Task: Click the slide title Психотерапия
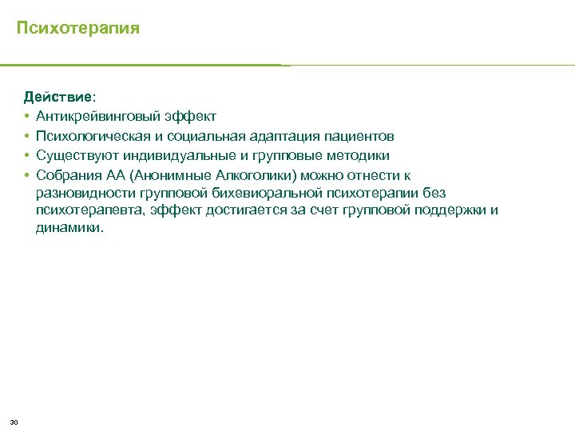[x=78, y=29]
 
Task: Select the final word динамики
[x=69, y=228]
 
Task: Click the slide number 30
[x=14, y=422]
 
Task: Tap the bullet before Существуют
[x=26, y=155]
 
